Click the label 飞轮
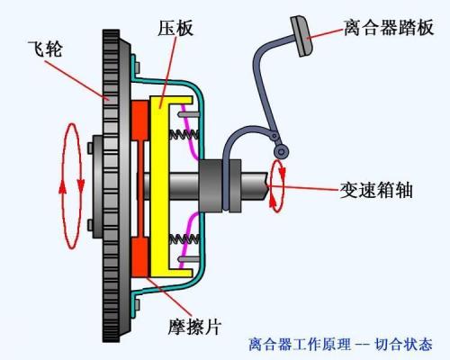45,49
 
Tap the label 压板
175,28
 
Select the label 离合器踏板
389,28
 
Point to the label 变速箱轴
376,190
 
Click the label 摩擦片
194,327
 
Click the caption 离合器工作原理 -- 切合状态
340,345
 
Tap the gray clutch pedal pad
301,36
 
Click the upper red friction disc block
140,121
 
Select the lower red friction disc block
140,256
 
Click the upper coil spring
184,135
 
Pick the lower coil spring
184,239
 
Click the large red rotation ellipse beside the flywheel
72,186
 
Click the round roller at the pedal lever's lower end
282,152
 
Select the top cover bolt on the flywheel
137,67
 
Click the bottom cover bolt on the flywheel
137,305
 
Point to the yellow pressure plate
159,186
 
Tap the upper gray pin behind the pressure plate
189,114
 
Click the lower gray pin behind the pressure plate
189,259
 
